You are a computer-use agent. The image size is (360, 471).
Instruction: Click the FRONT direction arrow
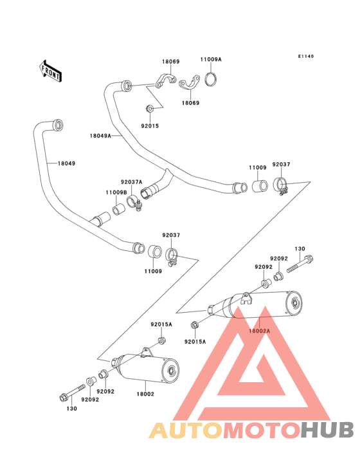tap(50, 71)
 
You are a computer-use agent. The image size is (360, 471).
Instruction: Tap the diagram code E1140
tap(306, 56)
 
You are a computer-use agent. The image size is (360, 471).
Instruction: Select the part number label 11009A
tap(211, 59)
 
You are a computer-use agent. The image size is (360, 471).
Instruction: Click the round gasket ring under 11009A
tap(212, 79)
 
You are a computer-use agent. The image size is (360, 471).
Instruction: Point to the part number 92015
tap(150, 126)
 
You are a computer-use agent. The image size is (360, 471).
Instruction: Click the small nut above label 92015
tap(150, 109)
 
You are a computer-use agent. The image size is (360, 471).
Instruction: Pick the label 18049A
tap(100, 136)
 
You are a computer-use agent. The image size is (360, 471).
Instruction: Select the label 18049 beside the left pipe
tap(66, 163)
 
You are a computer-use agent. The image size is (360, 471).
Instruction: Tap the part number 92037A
tap(131, 182)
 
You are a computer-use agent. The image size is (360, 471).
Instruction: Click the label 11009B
tap(116, 192)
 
